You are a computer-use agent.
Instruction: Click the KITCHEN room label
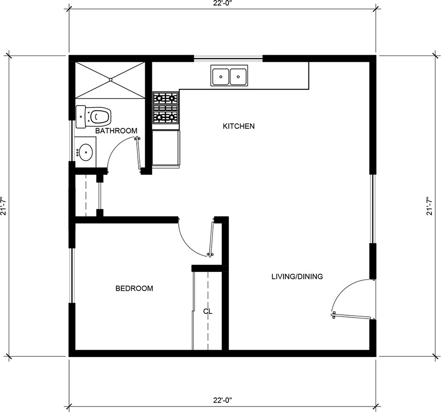pyautogui.click(x=238, y=126)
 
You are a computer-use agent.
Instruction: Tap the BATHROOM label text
pyautogui.click(x=116, y=131)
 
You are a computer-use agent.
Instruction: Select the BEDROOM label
pyautogui.click(x=134, y=288)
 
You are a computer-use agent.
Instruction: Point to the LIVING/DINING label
pyautogui.click(x=297, y=277)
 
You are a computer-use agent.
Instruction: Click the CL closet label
pyautogui.click(x=207, y=311)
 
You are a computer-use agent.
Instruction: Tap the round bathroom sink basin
pyautogui.click(x=86, y=152)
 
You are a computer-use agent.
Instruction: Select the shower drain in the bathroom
pyautogui.click(x=110, y=80)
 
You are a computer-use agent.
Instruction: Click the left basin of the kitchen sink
pyautogui.click(x=220, y=77)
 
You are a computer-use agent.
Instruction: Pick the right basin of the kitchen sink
pyautogui.click(x=238, y=77)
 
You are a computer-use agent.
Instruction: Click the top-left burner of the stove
pyautogui.click(x=160, y=98)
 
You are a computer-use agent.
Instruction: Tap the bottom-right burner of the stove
pyautogui.click(x=172, y=117)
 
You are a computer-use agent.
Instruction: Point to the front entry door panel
pyautogui.click(x=353, y=316)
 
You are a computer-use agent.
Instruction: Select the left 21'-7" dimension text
pyautogui.click(x=3, y=206)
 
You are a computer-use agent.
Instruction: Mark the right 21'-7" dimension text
pyautogui.click(x=429, y=206)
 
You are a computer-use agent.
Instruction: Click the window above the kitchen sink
pyautogui.click(x=228, y=59)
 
